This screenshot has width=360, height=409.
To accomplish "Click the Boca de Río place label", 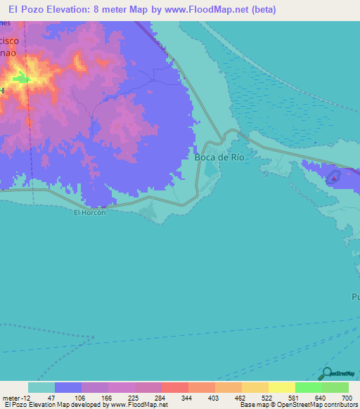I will click(219, 157).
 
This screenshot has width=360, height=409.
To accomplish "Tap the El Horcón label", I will click(90, 213).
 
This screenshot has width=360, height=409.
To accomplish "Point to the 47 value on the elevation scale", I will click(51, 397).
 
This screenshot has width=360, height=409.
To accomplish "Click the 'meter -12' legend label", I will click(15, 397).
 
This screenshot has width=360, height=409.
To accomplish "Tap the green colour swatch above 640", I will click(309, 387).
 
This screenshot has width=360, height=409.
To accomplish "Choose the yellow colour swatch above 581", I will click(282, 387).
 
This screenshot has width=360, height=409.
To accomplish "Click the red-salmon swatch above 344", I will click(175, 387).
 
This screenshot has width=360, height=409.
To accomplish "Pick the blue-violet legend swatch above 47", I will click(68, 387).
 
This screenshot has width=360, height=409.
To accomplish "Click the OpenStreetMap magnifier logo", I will click(327, 373).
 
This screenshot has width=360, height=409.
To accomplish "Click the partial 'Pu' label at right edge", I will click(355, 297).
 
